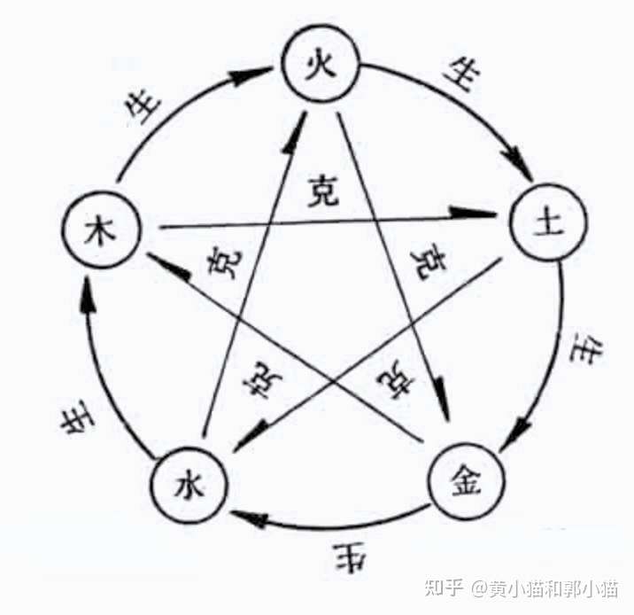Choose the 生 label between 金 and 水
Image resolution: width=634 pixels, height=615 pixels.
[344, 557]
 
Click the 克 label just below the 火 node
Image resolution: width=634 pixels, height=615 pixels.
[325, 191]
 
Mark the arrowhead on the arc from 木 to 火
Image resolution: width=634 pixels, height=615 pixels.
[250, 77]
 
